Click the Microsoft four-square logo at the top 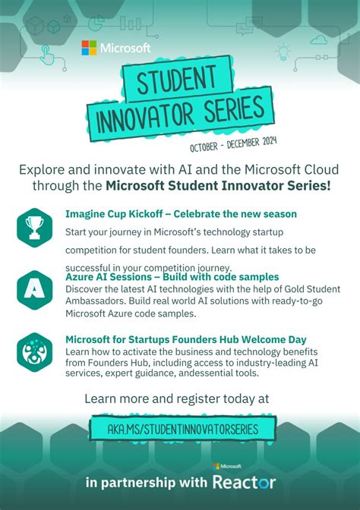tap(90, 48)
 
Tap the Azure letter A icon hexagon tap(34, 289)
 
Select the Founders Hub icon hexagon tap(34, 351)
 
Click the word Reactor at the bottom tap(244, 482)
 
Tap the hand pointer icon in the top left tap(46, 53)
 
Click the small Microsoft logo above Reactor tap(227, 466)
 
